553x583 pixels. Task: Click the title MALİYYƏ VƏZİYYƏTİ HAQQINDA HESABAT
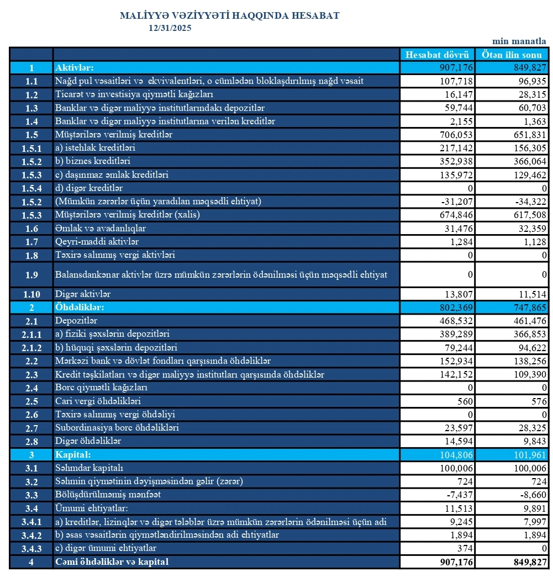tap(229, 16)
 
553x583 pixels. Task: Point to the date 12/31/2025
tap(170, 28)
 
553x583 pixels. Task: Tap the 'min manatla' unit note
tap(519, 41)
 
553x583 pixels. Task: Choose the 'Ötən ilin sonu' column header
tap(512, 55)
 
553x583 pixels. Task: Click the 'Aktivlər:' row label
tap(74, 68)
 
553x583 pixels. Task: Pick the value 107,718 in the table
tap(454, 81)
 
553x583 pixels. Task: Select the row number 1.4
tap(31, 121)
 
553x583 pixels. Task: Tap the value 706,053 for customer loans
tap(454, 135)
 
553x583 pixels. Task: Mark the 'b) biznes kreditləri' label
tap(93, 161)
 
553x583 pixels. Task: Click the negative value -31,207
tap(455, 202)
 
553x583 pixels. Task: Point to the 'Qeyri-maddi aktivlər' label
tap(97, 242)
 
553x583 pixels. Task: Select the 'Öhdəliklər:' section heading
tap(80, 307)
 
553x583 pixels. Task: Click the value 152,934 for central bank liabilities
tap(454, 361)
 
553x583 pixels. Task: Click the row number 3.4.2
tap(31, 535)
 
